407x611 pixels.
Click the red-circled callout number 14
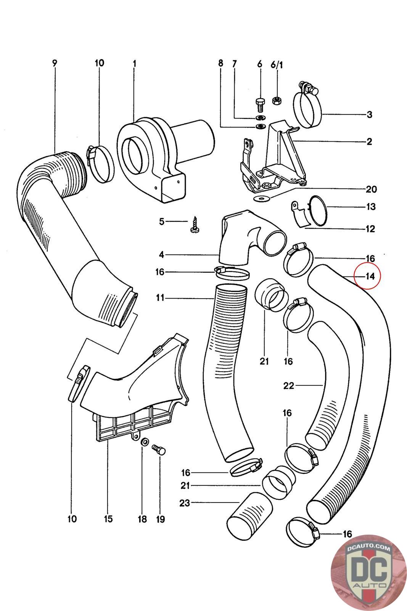(370, 276)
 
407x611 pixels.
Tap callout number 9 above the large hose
(55, 63)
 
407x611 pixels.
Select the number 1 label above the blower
(134, 64)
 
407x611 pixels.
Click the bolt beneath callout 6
(259, 104)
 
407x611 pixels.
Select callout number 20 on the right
(371, 189)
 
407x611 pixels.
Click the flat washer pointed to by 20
(261, 198)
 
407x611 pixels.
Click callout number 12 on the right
(370, 229)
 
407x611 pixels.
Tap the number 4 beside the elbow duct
(162, 255)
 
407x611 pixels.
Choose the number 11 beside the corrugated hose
(160, 297)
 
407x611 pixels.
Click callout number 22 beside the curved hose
(289, 386)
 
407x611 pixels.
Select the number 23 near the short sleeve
(185, 503)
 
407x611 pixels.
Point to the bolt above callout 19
(158, 449)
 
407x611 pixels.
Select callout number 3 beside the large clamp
(369, 115)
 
